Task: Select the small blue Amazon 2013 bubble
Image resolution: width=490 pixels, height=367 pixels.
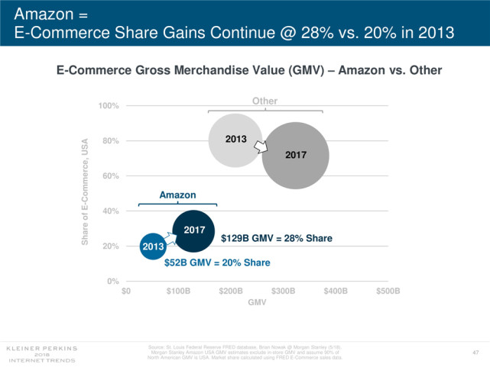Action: coord(153,246)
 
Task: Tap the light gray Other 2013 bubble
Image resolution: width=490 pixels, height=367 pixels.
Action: coord(236,140)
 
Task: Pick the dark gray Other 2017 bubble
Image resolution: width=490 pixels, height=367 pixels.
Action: coord(296,155)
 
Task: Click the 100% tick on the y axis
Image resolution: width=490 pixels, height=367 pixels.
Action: coord(109,105)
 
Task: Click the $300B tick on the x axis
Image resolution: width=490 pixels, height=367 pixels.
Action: coord(283,291)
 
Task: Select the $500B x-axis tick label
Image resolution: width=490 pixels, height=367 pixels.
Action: coord(388,291)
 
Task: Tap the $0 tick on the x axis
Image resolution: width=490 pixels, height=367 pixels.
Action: coord(127,291)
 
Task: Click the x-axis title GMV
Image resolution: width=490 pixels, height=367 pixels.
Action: coord(257,303)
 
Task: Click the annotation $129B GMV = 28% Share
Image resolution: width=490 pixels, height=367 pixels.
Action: coord(277,239)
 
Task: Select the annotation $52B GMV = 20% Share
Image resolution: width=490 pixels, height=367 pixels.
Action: coord(218,262)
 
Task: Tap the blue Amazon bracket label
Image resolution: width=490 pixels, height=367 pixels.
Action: coord(177,196)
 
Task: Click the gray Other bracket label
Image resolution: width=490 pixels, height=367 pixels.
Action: coord(264,101)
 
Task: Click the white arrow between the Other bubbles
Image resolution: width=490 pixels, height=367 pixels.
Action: coord(261,146)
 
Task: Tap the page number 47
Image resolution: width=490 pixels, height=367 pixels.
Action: coord(475,351)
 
